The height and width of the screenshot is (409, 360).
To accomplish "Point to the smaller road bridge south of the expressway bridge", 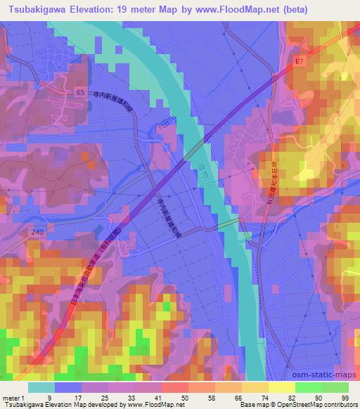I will [x=228, y=224].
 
